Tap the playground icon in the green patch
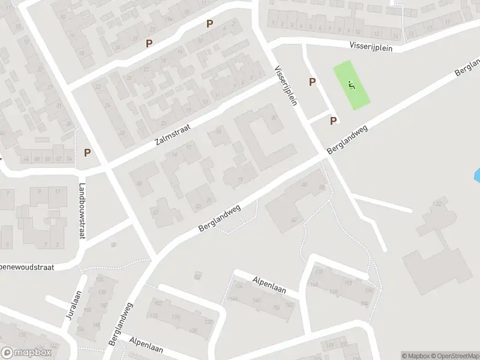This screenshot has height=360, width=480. (x=352, y=85)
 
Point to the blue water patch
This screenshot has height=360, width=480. (x=477, y=176)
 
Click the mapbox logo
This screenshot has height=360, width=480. (x=26, y=353)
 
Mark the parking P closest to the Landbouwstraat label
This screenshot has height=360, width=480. (x=87, y=152)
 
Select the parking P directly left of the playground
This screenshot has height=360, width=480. (x=312, y=82)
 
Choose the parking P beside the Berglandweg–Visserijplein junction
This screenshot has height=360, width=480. (x=333, y=121)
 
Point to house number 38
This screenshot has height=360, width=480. (x=322, y=188)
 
